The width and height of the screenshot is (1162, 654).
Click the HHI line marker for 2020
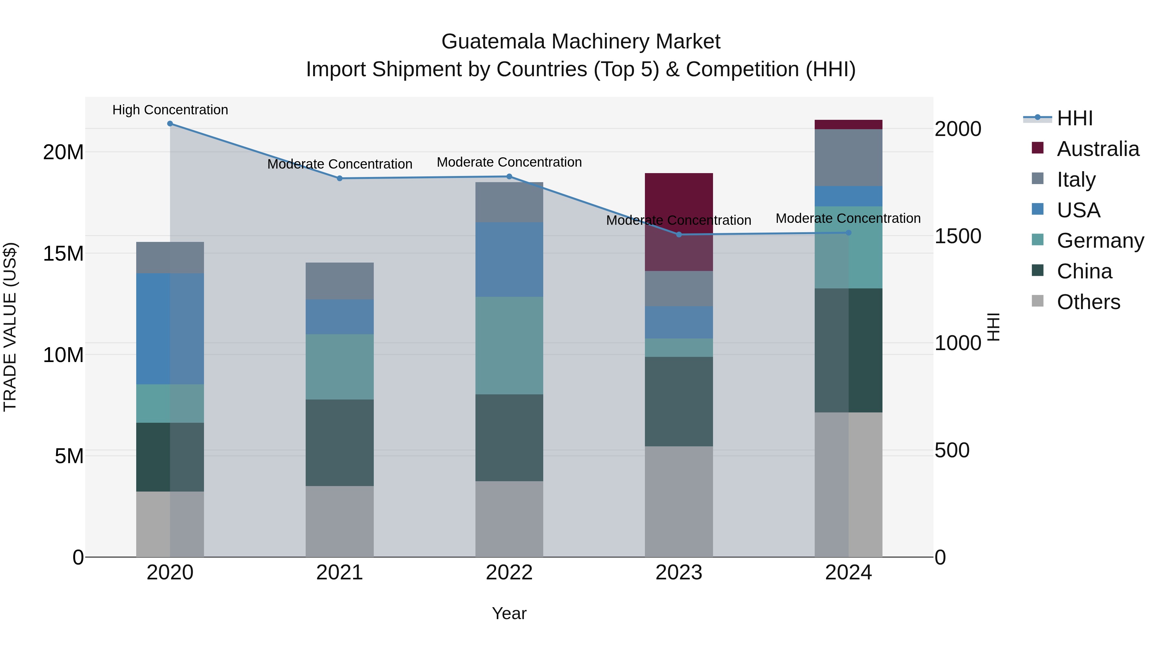170,124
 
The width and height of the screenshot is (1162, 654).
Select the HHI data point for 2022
509,176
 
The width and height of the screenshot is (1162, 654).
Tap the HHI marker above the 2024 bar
849,233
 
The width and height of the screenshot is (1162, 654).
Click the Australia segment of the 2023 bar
679,203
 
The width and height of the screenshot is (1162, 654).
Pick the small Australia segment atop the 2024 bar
849,125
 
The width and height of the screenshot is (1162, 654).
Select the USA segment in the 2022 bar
509,260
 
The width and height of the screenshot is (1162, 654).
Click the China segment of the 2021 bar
340,442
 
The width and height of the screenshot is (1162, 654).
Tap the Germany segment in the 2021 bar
340,367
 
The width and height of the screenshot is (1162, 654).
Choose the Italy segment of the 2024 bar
849,158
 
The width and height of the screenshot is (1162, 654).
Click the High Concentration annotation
170,110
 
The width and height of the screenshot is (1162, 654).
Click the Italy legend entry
1076,180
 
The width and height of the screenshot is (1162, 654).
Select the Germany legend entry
1100,241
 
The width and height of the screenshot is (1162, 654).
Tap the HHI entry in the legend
1075,118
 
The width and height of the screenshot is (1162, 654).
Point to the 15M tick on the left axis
63,254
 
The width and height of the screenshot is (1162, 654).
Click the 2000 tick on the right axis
958,129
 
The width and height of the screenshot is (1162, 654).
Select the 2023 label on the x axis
679,573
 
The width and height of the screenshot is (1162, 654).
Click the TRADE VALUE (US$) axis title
10,327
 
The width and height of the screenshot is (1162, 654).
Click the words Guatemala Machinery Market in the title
581,42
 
